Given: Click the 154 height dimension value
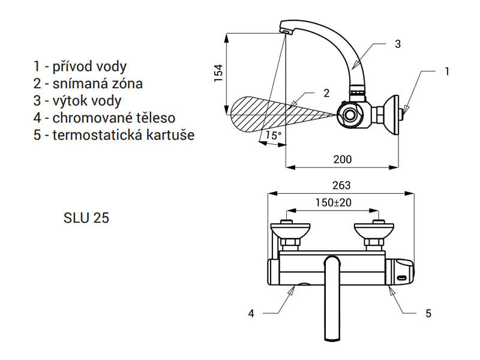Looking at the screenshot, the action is click(218, 73).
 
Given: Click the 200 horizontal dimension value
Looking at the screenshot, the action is click(343, 159).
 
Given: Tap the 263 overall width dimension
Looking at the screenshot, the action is click(341, 185).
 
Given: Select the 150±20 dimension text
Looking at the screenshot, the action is click(334, 202).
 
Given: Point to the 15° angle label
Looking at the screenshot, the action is click(273, 135).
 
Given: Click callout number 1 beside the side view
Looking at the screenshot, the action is click(447, 71).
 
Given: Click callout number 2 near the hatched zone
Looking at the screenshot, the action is click(326, 93).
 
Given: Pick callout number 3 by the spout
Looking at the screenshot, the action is click(398, 44).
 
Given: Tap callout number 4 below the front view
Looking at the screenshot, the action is click(251, 313).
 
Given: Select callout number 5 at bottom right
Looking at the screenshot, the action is click(428, 313).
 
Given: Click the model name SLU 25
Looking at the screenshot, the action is click(86, 218).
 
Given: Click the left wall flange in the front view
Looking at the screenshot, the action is click(290, 229).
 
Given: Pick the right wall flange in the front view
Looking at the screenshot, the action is click(374, 229).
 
